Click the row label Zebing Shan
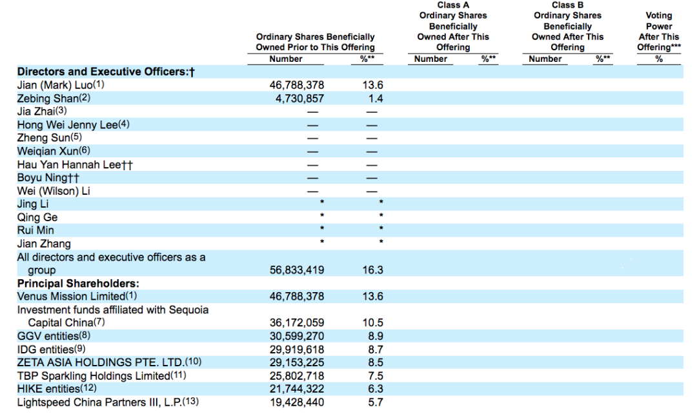point(48,99)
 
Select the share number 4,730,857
point(296,99)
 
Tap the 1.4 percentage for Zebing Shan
point(372,99)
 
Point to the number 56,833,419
point(296,270)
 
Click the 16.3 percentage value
point(372,270)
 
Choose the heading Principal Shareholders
point(78,284)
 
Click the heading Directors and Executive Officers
point(106,72)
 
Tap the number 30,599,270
point(296,336)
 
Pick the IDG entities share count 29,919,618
point(296,349)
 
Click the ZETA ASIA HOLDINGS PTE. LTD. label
point(101,362)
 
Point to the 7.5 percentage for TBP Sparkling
point(372,375)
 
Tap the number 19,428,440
point(296,402)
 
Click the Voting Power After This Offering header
point(658,31)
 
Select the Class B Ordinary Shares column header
point(567,26)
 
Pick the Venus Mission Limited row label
point(71,296)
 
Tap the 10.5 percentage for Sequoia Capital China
point(372,322)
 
